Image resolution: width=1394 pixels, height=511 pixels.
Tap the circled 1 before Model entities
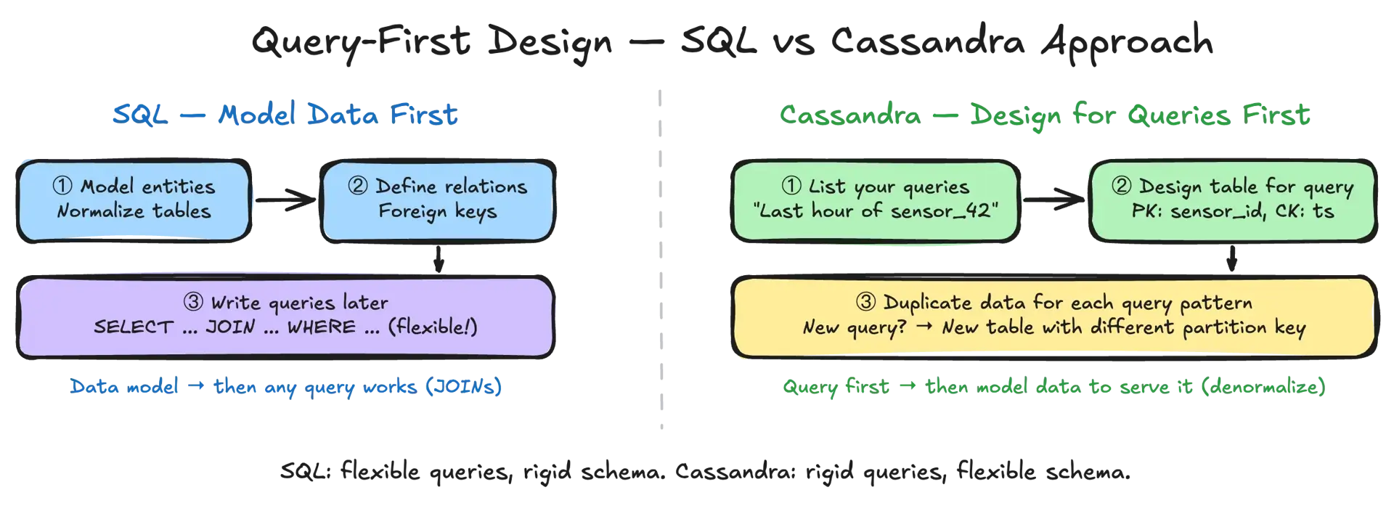[x=62, y=187]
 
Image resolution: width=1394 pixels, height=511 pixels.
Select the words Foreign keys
[x=437, y=211]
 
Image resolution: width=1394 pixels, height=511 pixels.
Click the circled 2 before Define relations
[x=357, y=187]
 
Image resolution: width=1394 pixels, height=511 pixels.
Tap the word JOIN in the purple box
[x=230, y=327]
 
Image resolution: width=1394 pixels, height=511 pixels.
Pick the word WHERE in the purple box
[x=322, y=327]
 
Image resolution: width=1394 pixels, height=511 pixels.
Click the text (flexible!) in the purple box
[x=433, y=327]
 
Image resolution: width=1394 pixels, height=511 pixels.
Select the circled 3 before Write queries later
[x=193, y=303]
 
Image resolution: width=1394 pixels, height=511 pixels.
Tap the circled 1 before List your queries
[x=791, y=187]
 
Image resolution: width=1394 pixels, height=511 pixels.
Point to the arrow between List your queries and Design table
[x=1054, y=201]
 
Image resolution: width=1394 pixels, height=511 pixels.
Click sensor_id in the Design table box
[x=1210, y=211]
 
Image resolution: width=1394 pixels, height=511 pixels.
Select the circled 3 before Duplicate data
[x=865, y=303]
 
